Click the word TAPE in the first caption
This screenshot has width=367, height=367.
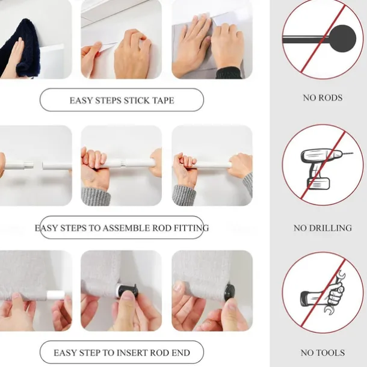pyautogui.click(x=164, y=100)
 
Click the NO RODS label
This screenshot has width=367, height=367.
pyautogui.click(x=322, y=97)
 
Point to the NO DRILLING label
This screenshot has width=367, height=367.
pyautogui.click(x=322, y=228)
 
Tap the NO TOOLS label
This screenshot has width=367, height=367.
pyautogui.click(x=322, y=353)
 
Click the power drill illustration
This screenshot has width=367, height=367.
pyautogui.click(x=325, y=168)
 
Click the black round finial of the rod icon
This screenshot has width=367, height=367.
pyautogui.click(x=342, y=39)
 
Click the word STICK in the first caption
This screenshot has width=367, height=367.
pyautogui.click(x=137, y=100)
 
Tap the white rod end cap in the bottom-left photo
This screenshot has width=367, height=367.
pyautogui.click(x=55, y=295)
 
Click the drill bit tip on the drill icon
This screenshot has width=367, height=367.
pyautogui.click(x=352, y=153)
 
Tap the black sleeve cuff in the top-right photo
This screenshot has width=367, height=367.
pyautogui.click(x=228, y=73)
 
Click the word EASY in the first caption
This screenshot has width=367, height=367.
pyautogui.click(x=79, y=100)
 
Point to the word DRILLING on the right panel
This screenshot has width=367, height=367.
pyautogui.click(x=331, y=228)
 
